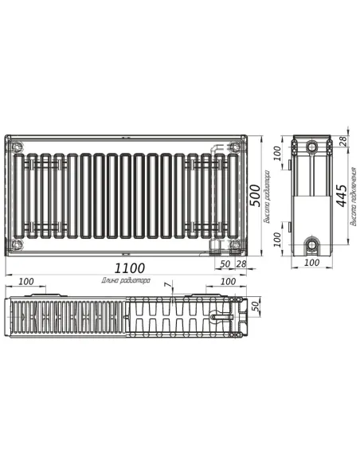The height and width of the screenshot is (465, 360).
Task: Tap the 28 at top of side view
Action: tap(342, 141)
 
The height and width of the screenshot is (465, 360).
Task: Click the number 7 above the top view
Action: tap(166, 284)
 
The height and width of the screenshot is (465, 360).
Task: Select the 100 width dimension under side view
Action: tap(311, 262)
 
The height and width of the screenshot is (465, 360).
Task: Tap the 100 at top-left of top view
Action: tap(25, 281)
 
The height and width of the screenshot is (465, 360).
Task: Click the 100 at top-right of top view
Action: tap(227, 281)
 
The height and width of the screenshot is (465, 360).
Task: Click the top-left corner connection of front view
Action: tap(17, 147)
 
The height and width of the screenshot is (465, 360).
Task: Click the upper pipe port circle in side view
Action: tap(312, 147)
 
